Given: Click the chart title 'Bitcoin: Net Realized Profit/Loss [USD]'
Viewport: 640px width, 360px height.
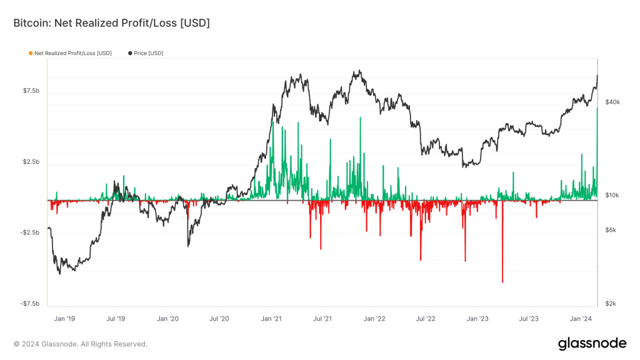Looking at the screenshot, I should tap(112, 23).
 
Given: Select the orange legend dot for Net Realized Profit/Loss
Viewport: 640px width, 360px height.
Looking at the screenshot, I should tap(31, 53).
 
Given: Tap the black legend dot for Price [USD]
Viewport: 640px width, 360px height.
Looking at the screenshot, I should tap(130, 53).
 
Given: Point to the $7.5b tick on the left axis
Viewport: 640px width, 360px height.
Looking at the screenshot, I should tap(31, 91).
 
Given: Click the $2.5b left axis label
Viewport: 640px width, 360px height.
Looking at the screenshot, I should tap(31, 162).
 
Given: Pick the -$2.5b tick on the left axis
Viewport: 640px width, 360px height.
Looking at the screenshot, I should tap(31, 233).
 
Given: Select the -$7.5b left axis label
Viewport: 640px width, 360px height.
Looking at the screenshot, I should tap(31, 304).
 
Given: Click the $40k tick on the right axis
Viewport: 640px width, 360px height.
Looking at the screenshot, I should tap(612, 102).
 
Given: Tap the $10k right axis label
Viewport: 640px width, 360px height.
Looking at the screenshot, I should tap(612, 196).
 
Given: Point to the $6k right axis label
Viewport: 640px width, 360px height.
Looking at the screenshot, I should tap(611, 230).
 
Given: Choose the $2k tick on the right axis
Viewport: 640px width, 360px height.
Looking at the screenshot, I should tap(611, 304).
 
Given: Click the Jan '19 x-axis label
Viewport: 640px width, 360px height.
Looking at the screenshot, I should tap(64, 318).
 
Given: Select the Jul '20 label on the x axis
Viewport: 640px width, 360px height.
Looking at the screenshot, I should tap(219, 318).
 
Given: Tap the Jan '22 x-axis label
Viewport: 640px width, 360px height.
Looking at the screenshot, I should tap(374, 318).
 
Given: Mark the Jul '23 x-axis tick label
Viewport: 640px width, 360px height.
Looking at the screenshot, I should tap(529, 318).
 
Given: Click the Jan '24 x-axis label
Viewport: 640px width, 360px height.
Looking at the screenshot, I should tap(581, 318).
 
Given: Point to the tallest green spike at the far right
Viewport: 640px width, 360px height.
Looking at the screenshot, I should tap(597, 109).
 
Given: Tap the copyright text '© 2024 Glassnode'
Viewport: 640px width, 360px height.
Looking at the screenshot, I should tap(80, 344).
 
